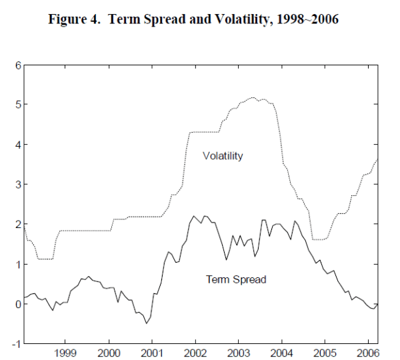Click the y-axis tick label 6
tap(17, 65)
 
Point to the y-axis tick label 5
tap(17, 105)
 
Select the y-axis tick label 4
tap(17, 145)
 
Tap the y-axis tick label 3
tap(17, 185)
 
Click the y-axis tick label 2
tap(17, 225)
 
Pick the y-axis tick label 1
tap(17, 265)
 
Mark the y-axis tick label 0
tap(17, 304)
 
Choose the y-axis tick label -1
tap(15, 344)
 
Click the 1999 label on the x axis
tap(66, 352)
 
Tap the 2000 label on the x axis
tap(109, 352)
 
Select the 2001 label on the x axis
tap(152, 352)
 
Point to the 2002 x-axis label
tap(195, 352)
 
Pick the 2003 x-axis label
tap(239, 352)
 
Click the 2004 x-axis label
tap(281, 352)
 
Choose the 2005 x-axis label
tap(325, 352)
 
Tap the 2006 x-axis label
tap(367, 352)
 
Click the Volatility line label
tap(223, 156)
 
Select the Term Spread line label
tap(236, 279)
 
